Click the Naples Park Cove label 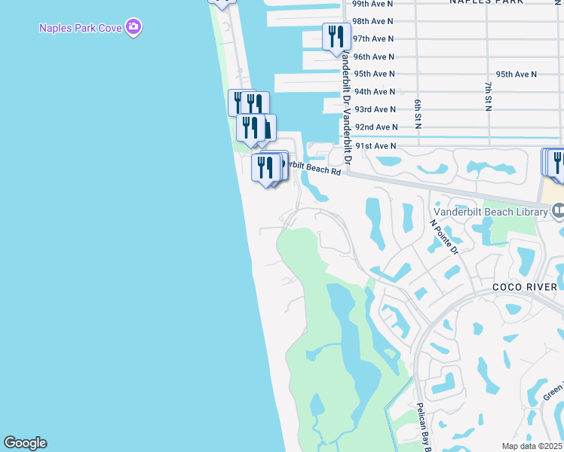tap(82, 29)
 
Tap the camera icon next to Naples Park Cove tap(135, 28)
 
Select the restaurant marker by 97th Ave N tap(336, 36)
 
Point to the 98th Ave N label tap(373, 21)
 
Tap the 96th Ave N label tap(373, 56)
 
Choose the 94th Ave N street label tap(375, 91)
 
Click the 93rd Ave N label tap(375, 109)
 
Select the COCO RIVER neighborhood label tap(525, 287)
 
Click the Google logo tap(25, 443)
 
